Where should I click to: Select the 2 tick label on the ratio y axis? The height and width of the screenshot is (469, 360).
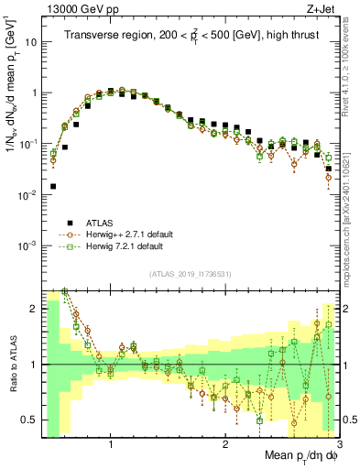[x=32, y=309]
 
